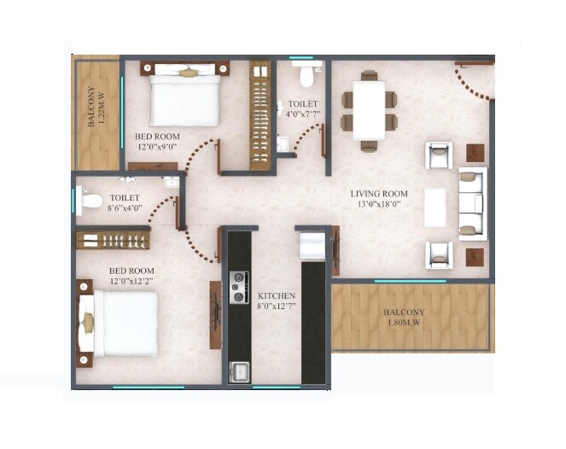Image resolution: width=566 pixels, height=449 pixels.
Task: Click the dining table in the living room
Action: [x=369, y=110]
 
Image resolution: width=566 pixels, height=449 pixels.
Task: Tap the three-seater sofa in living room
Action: [x=471, y=203]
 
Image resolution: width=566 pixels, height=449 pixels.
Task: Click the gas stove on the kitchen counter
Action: [x=239, y=288]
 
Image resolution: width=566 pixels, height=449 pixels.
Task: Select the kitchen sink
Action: [x=239, y=373]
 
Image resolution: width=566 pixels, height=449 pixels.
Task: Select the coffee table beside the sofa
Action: [x=435, y=206]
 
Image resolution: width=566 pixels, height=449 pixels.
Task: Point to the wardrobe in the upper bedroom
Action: [x=260, y=114]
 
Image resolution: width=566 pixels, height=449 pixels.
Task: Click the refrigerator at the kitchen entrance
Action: [x=312, y=245]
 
